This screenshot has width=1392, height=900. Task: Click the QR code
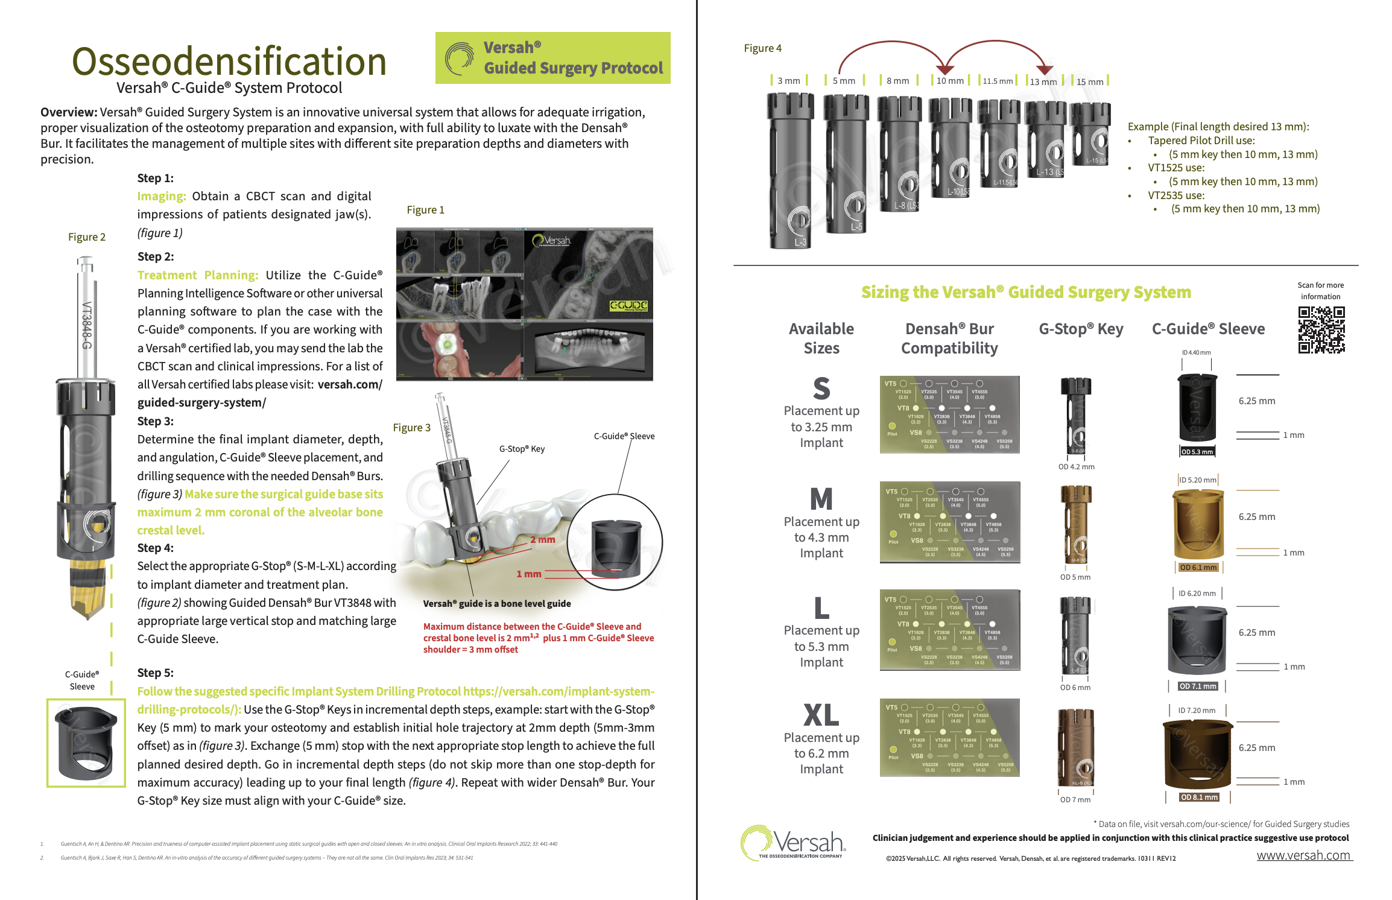tap(1321, 329)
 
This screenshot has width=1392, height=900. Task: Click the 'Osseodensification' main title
tap(229, 62)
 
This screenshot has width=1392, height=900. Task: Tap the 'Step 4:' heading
tap(155, 548)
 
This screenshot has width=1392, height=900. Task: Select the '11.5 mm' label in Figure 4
tap(998, 81)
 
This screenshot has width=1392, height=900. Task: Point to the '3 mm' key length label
tap(788, 81)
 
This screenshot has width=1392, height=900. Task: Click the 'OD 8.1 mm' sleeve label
tap(1199, 797)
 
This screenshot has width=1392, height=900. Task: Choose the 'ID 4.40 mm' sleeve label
tap(1196, 352)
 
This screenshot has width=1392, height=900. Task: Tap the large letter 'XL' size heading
tap(821, 715)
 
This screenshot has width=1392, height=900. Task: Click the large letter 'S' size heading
tap(821, 388)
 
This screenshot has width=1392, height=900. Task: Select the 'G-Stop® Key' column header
tap(1081, 329)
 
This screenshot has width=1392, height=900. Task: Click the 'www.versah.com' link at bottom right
tap(1303, 855)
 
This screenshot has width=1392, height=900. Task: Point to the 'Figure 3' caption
tap(412, 428)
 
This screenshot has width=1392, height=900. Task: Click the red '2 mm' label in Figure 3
tap(543, 539)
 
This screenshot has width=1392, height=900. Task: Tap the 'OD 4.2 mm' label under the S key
tap(1076, 467)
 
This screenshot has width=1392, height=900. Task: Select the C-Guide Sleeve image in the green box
tap(86, 743)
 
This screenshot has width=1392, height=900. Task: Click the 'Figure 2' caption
tap(87, 237)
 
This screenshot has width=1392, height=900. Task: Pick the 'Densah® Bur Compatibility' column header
tap(949, 338)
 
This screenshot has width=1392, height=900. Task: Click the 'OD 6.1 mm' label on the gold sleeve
tap(1198, 567)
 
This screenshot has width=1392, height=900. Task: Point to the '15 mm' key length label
tap(1089, 81)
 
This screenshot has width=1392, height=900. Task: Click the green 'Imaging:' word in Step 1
tap(162, 196)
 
